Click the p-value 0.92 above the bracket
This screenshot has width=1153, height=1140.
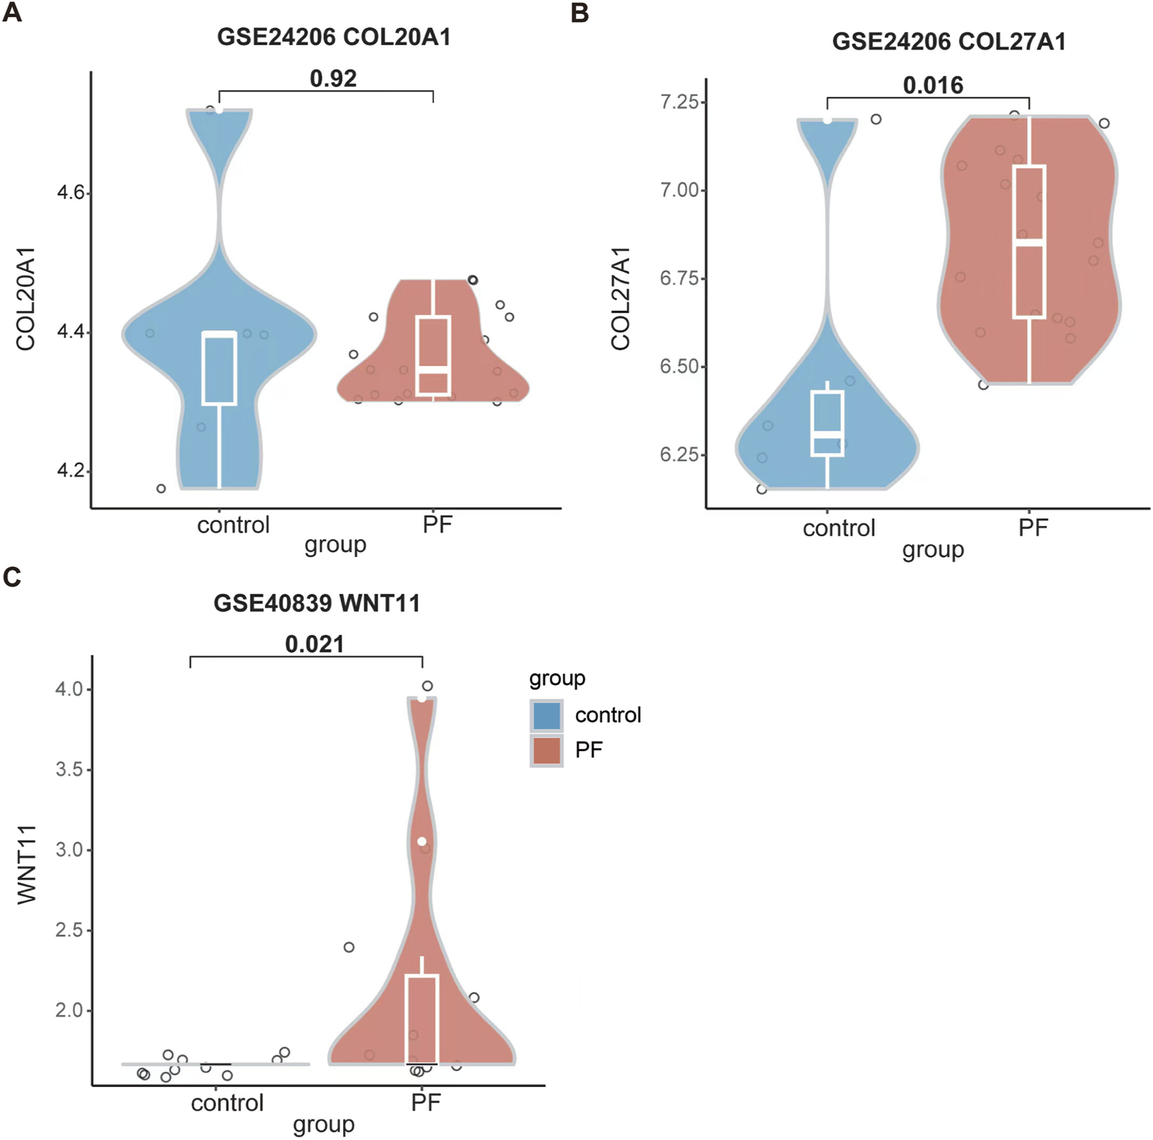pyautogui.click(x=333, y=78)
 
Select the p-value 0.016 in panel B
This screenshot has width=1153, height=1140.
pyautogui.click(x=933, y=85)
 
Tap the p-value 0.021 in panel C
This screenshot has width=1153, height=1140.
pyautogui.click(x=314, y=644)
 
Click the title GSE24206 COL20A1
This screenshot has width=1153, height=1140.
pyautogui.click(x=334, y=37)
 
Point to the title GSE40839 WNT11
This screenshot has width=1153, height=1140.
pyautogui.click(x=317, y=603)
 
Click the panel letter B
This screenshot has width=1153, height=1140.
pyautogui.click(x=579, y=13)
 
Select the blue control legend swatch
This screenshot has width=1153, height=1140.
pyautogui.click(x=547, y=715)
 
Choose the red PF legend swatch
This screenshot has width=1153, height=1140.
pyautogui.click(x=547, y=750)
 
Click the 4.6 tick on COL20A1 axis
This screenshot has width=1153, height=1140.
pyautogui.click(x=70, y=193)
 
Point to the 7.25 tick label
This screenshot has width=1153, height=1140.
pyautogui.click(x=678, y=102)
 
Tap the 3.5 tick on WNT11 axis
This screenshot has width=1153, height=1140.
pyautogui.click(x=69, y=770)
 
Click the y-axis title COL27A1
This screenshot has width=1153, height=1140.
pyautogui.click(x=620, y=298)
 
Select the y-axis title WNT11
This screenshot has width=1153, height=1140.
pyautogui.click(x=27, y=864)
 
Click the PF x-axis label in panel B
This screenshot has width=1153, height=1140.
pyautogui.click(x=1033, y=528)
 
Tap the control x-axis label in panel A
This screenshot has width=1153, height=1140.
pyautogui.click(x=233, y=525)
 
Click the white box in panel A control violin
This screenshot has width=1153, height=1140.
pyautogui.click(x=220, y=368)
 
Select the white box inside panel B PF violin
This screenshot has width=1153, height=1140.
pyautogui.click(x=1030, y=242)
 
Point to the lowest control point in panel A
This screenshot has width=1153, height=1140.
pyautogui.click(x=161, y=489)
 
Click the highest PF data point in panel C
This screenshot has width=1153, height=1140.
pyautogui.click(x=427, y=686)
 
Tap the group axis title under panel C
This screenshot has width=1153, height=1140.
pyautogui.click(x=323, y=1124)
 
